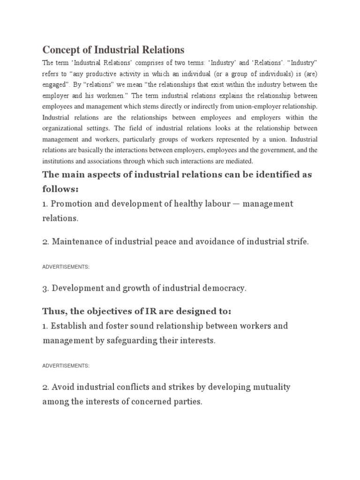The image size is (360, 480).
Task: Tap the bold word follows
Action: click(60, 189)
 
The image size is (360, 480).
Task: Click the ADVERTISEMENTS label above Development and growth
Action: click(66, 267)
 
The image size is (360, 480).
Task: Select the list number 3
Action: click(45, 289)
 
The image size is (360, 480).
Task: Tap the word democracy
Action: click(224, 289)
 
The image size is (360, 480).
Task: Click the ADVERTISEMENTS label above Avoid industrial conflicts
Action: click(66, 365)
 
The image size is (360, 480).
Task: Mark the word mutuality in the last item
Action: click(269, 387)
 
